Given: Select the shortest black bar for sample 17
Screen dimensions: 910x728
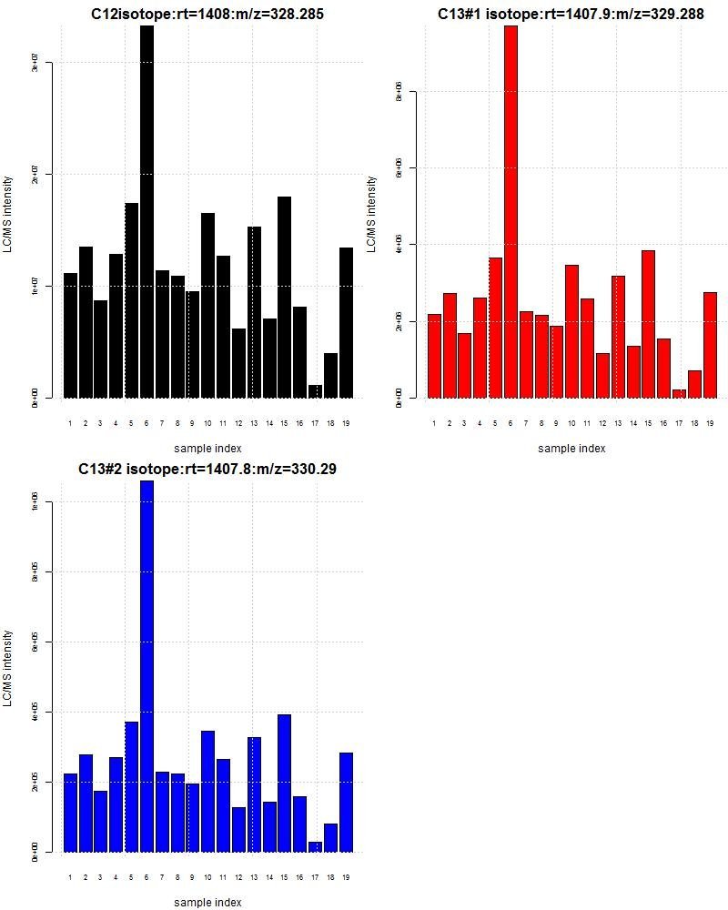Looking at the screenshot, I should click(x=315, y=391).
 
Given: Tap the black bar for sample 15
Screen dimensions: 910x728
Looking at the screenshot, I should click(x=284, y=297).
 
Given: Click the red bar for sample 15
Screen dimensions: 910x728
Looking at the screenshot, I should click(x=648, y=324).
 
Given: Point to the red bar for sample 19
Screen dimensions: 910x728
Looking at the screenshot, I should click(x=710, y=345).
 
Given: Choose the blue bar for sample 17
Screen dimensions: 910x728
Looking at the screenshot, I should click(x=315, y=846).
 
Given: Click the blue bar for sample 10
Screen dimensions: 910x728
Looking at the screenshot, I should click(x=207, y=791).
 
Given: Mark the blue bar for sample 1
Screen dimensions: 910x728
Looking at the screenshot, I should click(x=70, y=812).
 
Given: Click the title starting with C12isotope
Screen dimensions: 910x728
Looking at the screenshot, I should click(x=207, y=14).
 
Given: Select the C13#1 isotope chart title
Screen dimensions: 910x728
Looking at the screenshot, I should click(x=571, y=14).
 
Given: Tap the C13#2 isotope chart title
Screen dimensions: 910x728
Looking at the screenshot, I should click(x=207, y=469).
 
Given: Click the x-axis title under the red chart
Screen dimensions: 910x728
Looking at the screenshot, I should click(x=571, y=448).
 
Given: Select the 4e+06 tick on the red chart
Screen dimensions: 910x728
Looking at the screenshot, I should click(x=399, y=245).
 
